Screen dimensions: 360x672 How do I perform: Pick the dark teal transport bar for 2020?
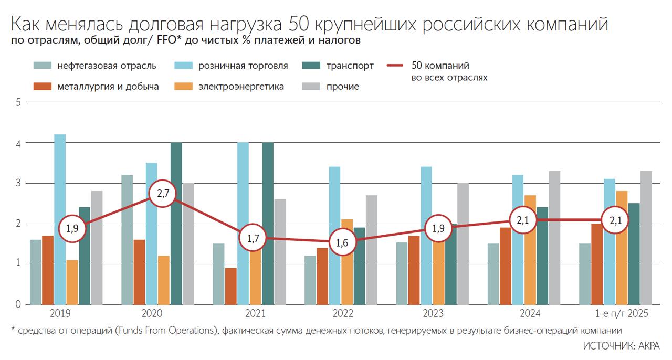tap(176, 223)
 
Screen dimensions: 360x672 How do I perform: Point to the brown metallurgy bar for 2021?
tap(230, 286)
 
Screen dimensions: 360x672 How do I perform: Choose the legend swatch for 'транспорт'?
tap(312, 66)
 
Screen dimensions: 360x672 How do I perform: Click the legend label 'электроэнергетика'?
tap(241, 87)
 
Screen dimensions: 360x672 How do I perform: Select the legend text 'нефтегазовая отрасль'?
tap(107, 66)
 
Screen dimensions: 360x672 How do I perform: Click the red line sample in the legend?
tap(394, 66)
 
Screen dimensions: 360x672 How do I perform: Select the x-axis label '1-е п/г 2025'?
tap(622, 314)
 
